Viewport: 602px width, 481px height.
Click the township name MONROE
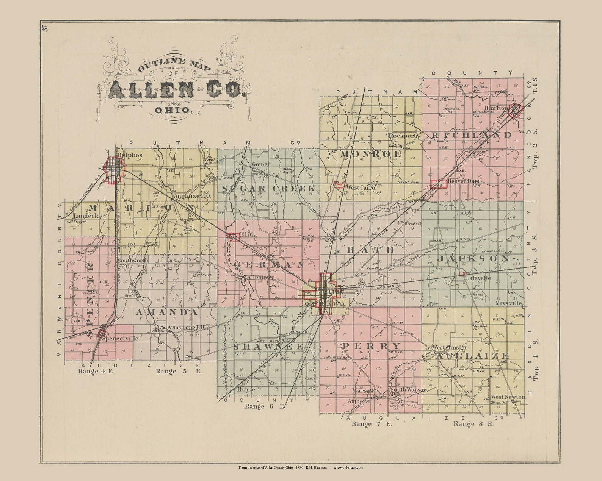[x=370, y=154]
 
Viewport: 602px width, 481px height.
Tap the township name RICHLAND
[x=471, y=135]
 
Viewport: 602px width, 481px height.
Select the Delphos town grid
[x=113, y=167]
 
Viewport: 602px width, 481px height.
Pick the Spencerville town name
[x=122, y=339]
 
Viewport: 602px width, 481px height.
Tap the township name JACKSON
[x=473, y=259]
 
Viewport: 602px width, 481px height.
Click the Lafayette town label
[x=478, y=278]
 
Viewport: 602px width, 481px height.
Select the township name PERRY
[x=372, y=346]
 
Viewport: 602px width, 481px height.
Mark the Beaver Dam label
[x=463, y=181]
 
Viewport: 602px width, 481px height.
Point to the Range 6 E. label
[x=264, y=406]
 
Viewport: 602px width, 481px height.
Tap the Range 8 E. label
[x=473, y=424]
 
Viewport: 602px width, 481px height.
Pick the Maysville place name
[x=509, y=304]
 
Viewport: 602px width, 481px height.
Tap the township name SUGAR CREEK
[x=268, y=189]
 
